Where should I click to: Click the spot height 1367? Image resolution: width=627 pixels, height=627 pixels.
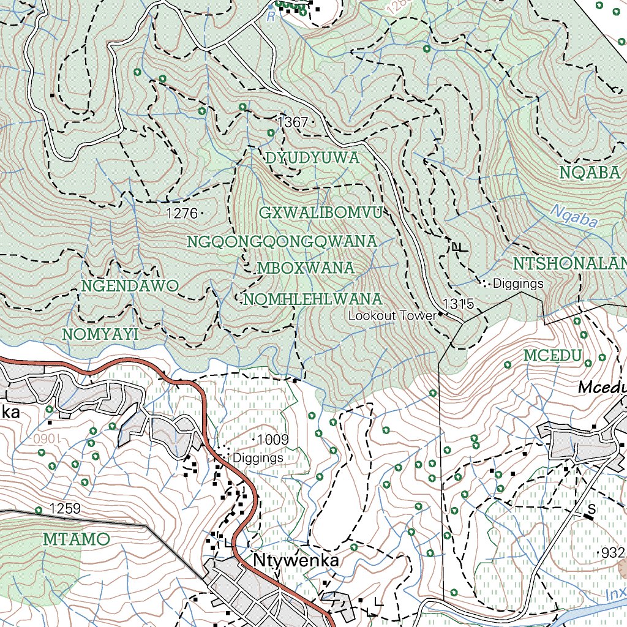click(x=293, y=122)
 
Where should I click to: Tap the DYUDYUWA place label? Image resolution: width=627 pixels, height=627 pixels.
click(x=312, y=159)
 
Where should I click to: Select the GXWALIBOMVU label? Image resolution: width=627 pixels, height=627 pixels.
click(x=321, y=213)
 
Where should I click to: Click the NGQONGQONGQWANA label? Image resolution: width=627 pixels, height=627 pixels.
click(x=282, y=242)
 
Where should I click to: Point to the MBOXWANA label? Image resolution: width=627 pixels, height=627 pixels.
click(x=306, y=268)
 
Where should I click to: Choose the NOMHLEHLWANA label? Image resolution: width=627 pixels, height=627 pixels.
click(x=312, y=299)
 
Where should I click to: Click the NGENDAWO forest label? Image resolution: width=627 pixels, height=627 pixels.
click(x=130, y=286)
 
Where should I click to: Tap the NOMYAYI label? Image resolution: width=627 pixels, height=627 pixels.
click(x=101, y=334)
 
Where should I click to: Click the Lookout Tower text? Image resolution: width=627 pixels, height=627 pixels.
click(x=392, y=316)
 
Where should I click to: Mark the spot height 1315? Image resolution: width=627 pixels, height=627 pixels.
click(x=459, y=304)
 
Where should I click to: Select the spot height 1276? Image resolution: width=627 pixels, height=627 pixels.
click(x=182, y=214)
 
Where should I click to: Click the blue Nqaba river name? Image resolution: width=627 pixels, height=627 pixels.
click(x=573, y=216)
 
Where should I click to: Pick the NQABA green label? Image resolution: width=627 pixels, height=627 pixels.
click(x=590, y=173)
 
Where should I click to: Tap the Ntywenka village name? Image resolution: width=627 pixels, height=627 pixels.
click(x=295, y=561)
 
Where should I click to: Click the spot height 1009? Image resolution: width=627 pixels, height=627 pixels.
click(x=272, y=439)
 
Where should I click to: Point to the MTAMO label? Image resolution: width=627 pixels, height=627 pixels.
click(x=77, y=539)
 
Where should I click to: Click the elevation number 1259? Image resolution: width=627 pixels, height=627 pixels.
click(x=65, y=508)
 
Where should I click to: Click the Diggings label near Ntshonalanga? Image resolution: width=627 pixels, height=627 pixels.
click(x=518, y=283)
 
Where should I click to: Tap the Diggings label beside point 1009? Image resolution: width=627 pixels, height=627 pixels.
click(x=257, y=457)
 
